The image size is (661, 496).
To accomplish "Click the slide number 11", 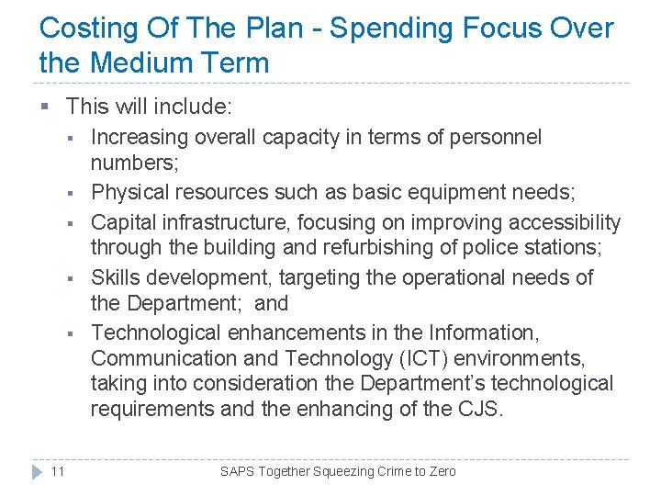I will pos(57,471).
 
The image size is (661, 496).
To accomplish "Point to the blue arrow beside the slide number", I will pos(36,471).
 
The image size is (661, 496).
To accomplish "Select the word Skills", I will pos(118,277).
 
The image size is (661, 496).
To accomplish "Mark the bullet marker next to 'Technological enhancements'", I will pos(69,333).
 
